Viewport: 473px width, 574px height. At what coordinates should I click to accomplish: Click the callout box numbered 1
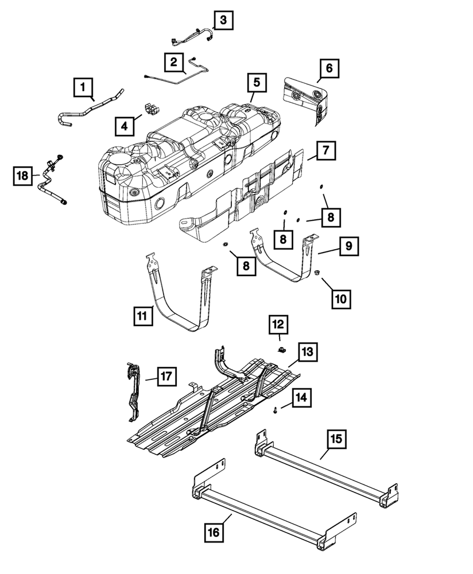pos(83,88)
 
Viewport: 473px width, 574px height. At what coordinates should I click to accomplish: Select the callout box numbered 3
pos(223,20)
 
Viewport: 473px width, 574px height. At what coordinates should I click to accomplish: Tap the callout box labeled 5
pos(257,82)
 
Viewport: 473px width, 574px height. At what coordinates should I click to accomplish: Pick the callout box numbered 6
pos(329,68)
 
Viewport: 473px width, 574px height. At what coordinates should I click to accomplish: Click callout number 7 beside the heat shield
pos(325,151)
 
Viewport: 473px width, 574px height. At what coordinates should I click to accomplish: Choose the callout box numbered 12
pos(280,325)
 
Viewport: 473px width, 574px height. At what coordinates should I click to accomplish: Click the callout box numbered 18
pos(22,176)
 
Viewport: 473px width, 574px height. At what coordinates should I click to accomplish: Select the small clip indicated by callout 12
pos(281,349)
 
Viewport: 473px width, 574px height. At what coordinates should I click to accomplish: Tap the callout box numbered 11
pos(144,316)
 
